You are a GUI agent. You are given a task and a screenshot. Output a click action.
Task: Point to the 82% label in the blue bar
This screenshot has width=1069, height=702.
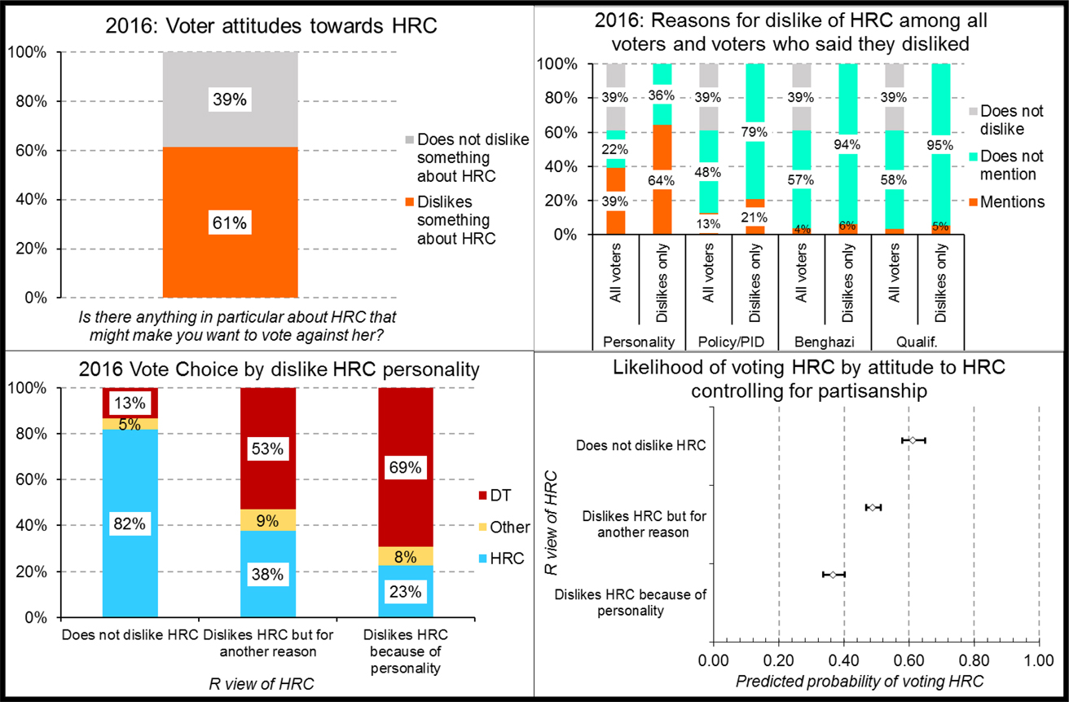click(129, 525)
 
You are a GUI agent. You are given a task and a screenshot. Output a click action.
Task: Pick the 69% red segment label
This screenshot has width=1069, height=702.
click(405, 468)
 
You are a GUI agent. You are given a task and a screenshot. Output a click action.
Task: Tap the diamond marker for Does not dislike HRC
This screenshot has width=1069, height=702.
click(913, 440)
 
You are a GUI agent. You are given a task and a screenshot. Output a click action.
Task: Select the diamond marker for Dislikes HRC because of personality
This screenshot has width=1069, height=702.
click(833, 575)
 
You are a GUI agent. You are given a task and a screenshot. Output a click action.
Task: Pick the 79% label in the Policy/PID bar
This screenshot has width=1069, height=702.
click(754, 128)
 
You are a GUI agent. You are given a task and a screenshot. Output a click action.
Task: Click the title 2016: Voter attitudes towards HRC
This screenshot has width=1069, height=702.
click(271, 25)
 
